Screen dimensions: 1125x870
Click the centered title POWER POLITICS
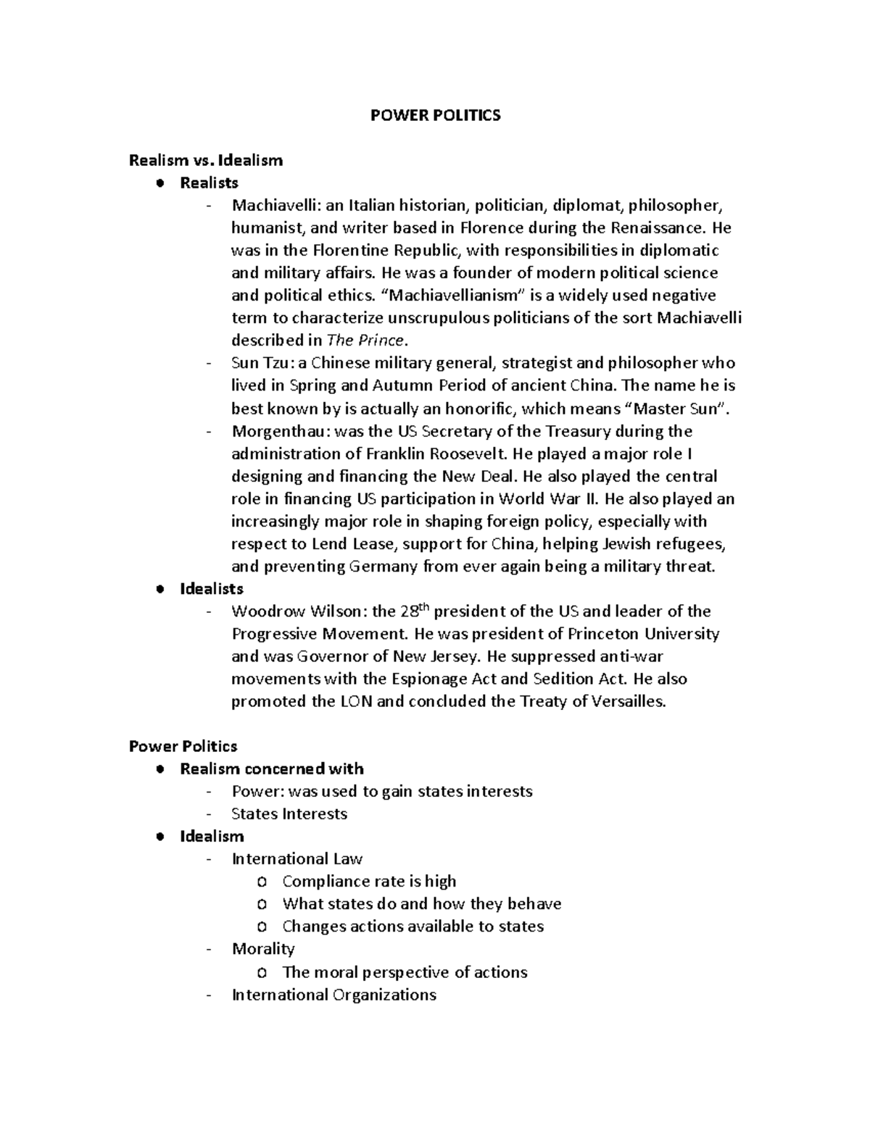point(435,115)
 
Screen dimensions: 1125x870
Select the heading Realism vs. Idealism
point(205,160)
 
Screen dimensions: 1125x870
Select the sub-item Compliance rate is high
point(369,881)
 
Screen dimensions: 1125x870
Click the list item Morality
point(263,948)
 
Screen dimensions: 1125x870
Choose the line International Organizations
point(333,995)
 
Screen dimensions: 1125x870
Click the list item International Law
point(297,858)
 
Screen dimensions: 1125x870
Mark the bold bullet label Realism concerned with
point(271,769)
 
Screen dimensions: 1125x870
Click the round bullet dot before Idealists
point(160,589)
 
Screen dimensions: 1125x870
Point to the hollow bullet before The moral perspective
point(262,972)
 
